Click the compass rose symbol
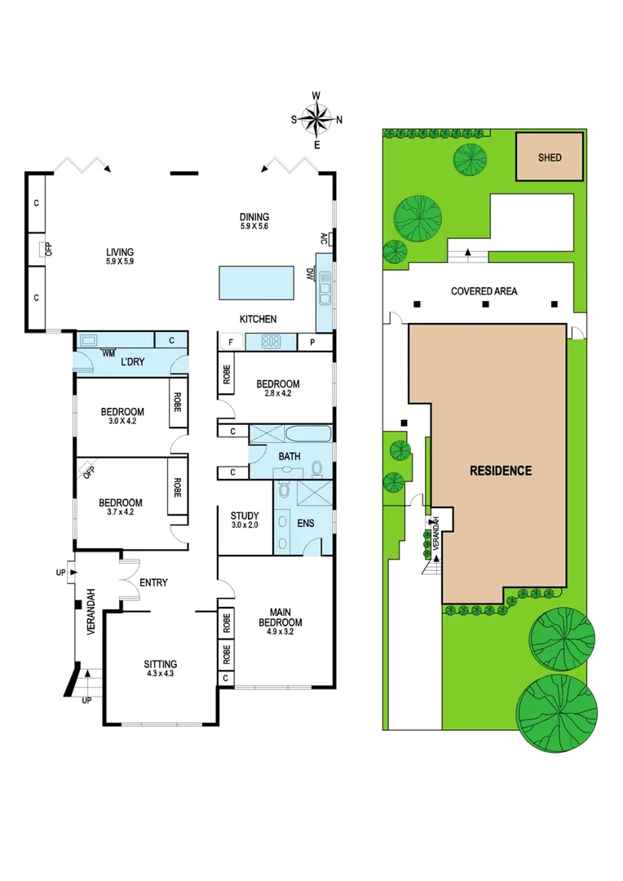(x=317, y=120)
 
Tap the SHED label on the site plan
(x=550, y=157)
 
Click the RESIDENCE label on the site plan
(x=501, y=471)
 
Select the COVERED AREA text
(x=484, y=291)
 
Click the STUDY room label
(x=245, y=516)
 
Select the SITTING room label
(x=161, y=663)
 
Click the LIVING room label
(x=119, y=252)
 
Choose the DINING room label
(x=254, y=216)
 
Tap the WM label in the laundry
(x=108, y=353)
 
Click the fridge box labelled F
(x=231, y=343)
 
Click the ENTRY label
(x=153, y=582)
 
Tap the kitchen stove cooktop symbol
(x=271, y=342)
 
